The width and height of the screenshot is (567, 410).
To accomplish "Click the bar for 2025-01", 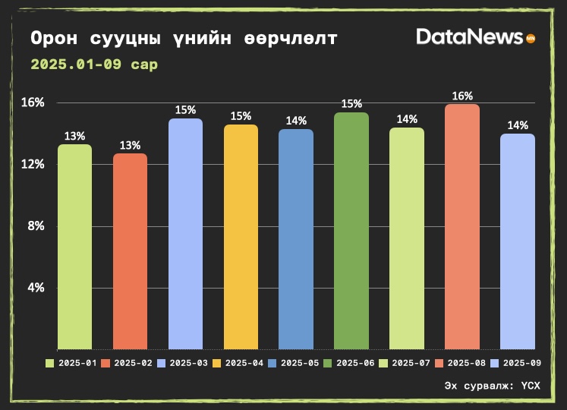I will (74, 247).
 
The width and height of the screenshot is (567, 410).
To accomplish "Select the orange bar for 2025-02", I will (130, 251).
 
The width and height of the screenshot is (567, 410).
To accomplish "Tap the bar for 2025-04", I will (241, 237).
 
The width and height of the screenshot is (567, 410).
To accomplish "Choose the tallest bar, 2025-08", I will (462, 226).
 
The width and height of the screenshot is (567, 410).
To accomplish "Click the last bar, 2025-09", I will (518, 241).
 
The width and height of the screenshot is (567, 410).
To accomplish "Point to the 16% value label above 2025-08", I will (462, 96).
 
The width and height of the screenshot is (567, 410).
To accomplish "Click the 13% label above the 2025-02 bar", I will (130, 145).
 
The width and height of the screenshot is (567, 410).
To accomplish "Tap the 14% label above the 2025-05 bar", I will (296, 121).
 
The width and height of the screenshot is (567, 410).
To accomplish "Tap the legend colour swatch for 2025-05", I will (272, 364).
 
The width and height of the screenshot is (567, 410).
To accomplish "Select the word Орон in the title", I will (54, 39).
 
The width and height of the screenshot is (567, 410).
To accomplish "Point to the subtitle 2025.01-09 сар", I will (94, 65).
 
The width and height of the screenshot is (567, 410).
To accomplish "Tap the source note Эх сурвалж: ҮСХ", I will (492, 386).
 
